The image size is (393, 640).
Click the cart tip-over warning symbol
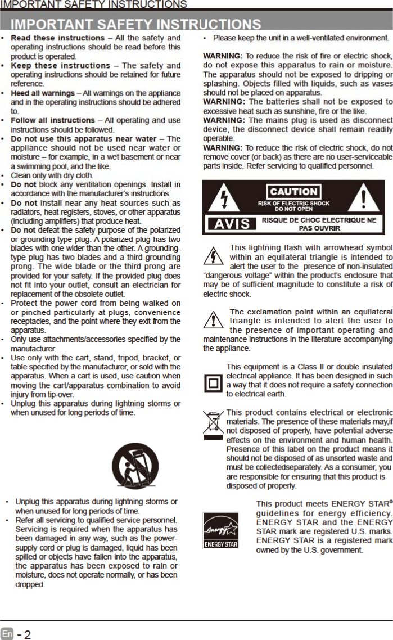point(131,466)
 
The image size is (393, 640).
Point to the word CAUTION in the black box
point(293,192)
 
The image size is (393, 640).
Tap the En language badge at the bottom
point(7,633)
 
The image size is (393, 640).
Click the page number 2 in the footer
point(27,634)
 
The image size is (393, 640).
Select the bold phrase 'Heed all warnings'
point(43,93)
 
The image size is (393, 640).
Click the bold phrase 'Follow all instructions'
point(53,120)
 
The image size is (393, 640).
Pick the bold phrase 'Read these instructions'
point(57,38)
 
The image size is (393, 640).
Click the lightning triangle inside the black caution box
point(224,199)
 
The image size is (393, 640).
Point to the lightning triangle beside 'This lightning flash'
point(214,256)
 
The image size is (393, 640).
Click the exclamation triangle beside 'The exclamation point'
point(214,321)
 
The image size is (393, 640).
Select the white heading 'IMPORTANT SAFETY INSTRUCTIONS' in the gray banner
point(136,24)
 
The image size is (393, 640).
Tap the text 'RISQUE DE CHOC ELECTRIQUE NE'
point(319,220)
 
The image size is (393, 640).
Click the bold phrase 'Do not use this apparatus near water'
point(84,138)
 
